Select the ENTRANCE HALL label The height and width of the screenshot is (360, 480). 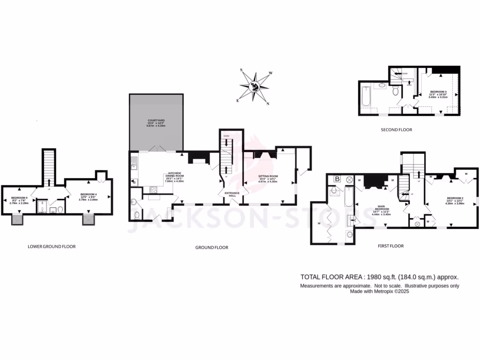[x=232, y=194]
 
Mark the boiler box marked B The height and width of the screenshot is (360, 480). [x=337, y=179]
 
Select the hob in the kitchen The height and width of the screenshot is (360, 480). [x=153, y=189]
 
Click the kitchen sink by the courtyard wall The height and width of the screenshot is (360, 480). [x=134, y=164]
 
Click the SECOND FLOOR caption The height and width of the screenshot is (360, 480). [x=396, y=130]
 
